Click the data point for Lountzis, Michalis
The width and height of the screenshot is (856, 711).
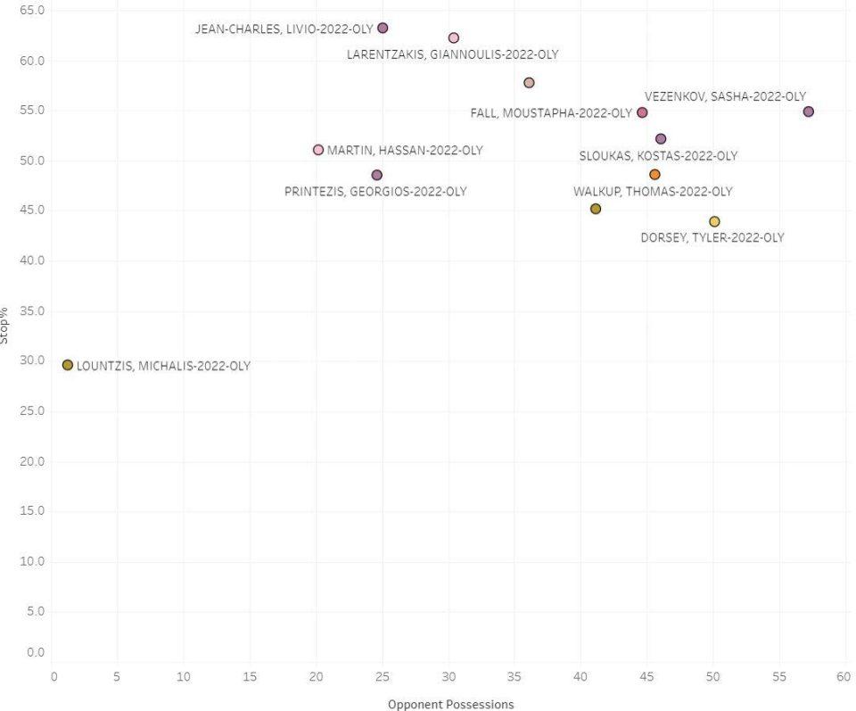[68, 365]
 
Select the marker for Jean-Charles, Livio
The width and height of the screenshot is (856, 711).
[383, 28]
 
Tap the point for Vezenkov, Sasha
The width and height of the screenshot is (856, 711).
[809, 112]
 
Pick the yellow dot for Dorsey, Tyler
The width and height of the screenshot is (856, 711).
[714, 221]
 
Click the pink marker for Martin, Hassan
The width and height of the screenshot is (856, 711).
[318, 150]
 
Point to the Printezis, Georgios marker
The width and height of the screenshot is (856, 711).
[377, 175]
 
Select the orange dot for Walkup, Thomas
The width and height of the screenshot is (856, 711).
[654, 174]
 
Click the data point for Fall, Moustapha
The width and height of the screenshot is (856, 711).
[642, 112]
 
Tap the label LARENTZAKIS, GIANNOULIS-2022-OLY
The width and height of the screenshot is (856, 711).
[452, 54]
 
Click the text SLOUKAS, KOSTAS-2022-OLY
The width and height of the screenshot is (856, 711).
[659, 156]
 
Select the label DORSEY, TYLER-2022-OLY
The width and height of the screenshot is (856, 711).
[712, 238]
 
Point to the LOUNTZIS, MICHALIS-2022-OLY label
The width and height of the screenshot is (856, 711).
[163, 366]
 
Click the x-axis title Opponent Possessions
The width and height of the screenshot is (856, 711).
[451, 705]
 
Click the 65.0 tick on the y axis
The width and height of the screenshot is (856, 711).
[33, 10]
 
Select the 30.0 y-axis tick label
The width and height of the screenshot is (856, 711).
[33, 361]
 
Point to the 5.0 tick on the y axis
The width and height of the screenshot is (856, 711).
[36, 612]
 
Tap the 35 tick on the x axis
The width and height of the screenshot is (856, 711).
[514, 676]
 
